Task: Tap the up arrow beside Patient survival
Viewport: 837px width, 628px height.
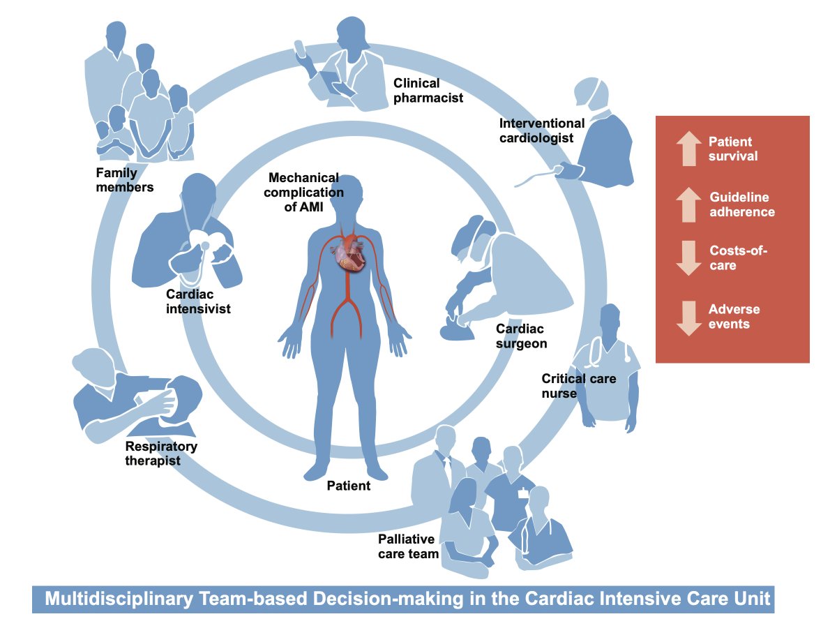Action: pyautogui.click(x=688, y=148)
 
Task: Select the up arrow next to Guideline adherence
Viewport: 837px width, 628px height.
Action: pyautogui.click(x=688, y=204)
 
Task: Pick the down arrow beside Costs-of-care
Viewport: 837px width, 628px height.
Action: pyautogui.click(x=688, y=259)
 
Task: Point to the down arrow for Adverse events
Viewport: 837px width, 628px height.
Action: pyautogui.click(x=688, y=317)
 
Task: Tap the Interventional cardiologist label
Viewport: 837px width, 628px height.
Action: pyautogui.click(x=536, y=130)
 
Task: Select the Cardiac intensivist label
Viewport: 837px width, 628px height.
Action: pyautogui.click(x=197, y=301)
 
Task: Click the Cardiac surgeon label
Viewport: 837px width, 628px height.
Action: pyautogui.click(x=521, y=336)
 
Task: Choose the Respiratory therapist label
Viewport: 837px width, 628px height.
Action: pyautogui.click(x=161, y=454)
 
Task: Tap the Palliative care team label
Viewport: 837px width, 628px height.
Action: pyautogui.click(x=408, y=546)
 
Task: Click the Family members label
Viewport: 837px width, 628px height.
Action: pyautogui.click(x=126, y=179)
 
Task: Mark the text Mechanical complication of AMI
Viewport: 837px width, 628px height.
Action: pyautogui.click(x=304, y=192)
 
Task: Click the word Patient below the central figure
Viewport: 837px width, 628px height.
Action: pyautogui.click(x=349, y=486)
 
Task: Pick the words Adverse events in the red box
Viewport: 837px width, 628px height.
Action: pyautogui.click(x=734, y=317)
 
